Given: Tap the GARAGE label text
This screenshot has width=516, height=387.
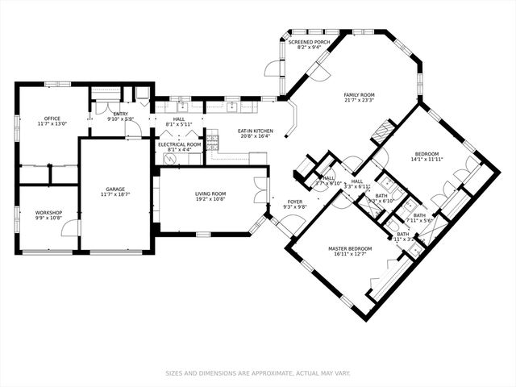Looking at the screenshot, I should click(114, 189).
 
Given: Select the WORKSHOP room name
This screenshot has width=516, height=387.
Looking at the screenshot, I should click(48, 213).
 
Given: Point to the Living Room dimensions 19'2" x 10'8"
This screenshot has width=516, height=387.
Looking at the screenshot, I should click(210, 199).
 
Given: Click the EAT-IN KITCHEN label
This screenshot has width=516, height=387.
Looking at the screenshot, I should click(256, 131).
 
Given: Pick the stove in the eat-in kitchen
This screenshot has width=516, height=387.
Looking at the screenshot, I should click(213, 143).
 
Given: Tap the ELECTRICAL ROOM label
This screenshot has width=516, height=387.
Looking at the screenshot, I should click(178, 144).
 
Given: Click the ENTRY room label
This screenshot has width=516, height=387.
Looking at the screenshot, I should click(120, 114).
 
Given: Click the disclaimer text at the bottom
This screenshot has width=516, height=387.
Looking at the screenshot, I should click(257, 373).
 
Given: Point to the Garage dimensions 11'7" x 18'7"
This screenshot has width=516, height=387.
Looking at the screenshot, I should click(114, 194).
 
